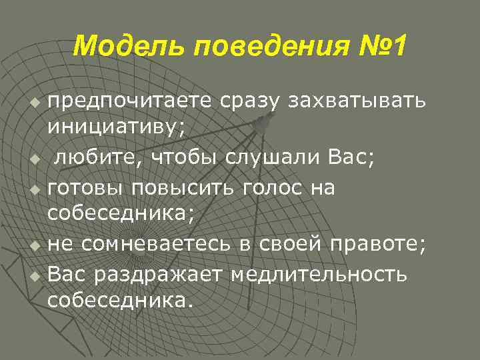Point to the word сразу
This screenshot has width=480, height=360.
point(251,101)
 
